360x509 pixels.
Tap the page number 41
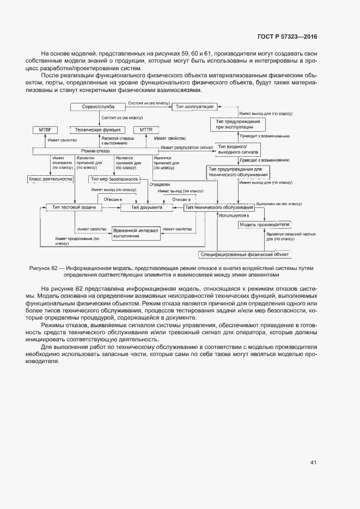[313, 463]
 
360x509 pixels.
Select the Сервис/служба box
[98, 107]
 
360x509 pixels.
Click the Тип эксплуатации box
[194, 107]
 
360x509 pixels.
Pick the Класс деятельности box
[50, 179]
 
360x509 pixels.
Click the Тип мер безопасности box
[114, 179]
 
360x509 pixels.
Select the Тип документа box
[143, 207]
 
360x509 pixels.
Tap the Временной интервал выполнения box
[136, 233]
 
